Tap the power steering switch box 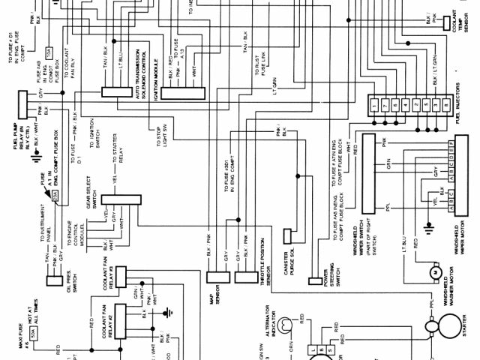coord(315,281)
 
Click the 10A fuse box coord(50,52)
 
